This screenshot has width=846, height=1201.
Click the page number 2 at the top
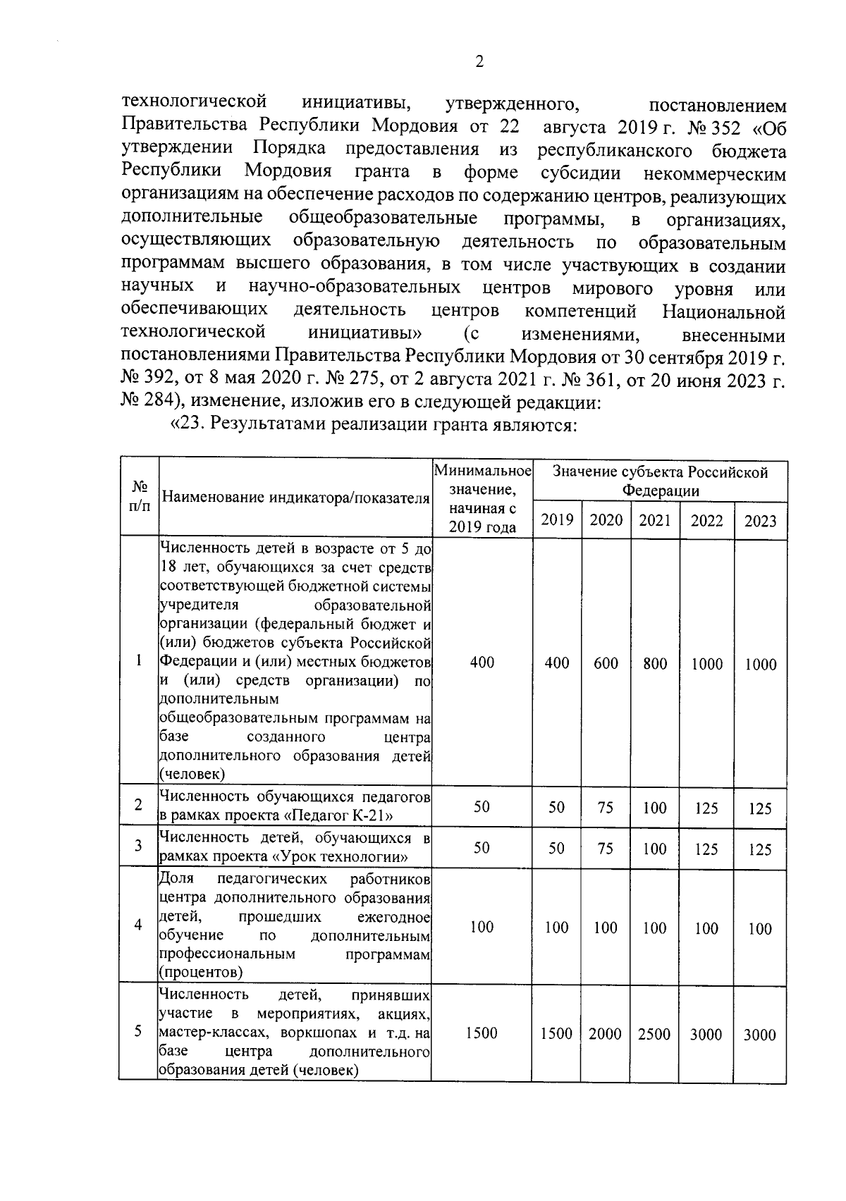pyautogui.click(x=479, y=63)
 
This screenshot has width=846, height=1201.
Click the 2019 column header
pyautogui.click(x=557, y=520)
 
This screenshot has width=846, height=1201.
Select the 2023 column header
pyautogui.click(x=760, y=522)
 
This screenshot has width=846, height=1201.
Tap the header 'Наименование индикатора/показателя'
pyautogui.click(x=295, y=498)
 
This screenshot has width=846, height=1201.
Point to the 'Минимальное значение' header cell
pyautogui.click(x=482, y=498)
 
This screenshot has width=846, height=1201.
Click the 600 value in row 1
pyautogui.click(x=606, y=663)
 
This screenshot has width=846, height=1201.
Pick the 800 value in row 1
pyautogui.click(x=655, y=663)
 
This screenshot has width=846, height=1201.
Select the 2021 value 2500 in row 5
pyautogui.click(x=654, y=1034)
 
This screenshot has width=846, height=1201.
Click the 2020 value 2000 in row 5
pyautogui.click(x=605, y=1034)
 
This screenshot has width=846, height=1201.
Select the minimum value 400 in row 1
pyautogui.click(x=482, y=663)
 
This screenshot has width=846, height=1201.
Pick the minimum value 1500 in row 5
pyautogui.click(x=482, y=1033)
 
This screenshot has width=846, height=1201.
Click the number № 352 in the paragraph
pyautogui.click(x=712, y=128)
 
